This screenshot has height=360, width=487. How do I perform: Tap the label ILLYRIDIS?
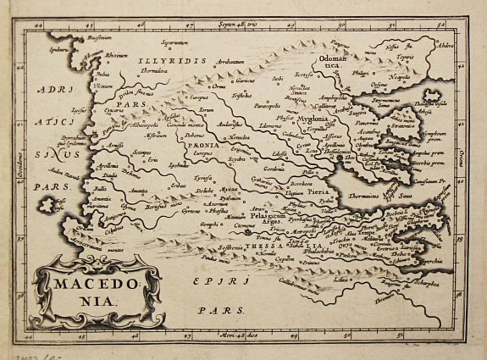point(179,62)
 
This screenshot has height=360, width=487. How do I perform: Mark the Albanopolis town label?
point(126,125)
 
